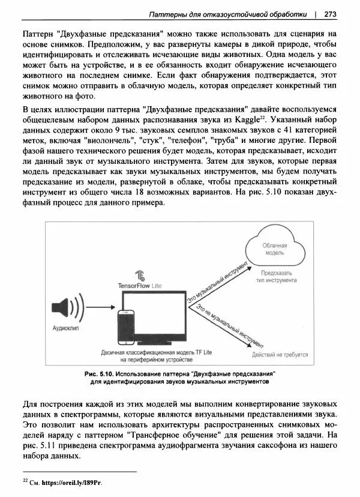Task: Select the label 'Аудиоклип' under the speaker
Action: tap(65, 329)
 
